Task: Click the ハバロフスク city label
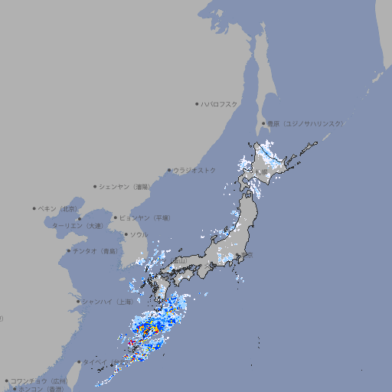coord(220,104)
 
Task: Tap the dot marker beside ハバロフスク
coord(198,104)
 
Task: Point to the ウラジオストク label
coord(195,170)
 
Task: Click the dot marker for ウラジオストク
coord(169,171)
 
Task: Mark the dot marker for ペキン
coord(34,208)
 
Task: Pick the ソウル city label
coord(139,234)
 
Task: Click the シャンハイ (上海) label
coord(106,302)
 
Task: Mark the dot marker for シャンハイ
coord(78,302)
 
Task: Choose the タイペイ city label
coord(95,362)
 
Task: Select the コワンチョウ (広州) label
coord(39,381)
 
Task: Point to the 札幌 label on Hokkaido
coord(263,172)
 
